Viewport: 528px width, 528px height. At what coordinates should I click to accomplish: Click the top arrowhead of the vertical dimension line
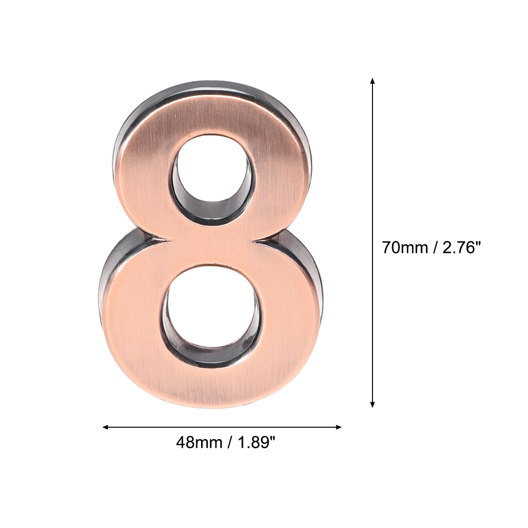(x=372, y=81)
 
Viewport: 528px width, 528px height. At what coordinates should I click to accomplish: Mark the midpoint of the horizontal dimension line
(x=222, y=427)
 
